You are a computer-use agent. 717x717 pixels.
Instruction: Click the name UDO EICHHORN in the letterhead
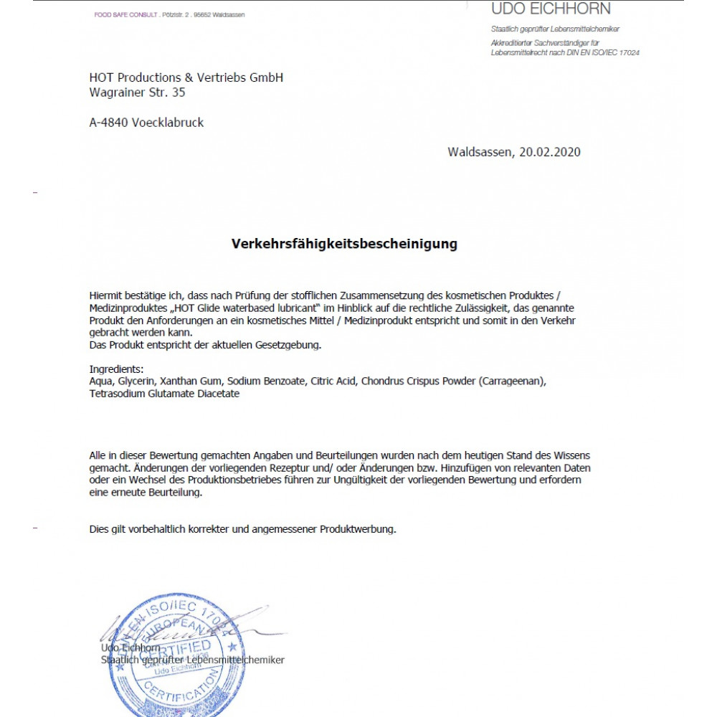tap(551, 9)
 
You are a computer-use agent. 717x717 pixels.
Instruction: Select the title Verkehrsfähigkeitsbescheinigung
tap(344, 244)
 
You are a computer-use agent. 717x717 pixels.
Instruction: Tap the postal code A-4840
tap(108, 123)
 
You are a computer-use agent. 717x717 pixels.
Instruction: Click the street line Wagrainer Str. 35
tap(137, 92)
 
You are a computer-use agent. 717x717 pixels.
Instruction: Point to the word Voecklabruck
tap(168, 123)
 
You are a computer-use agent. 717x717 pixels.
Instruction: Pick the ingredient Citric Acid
tap(333, 381)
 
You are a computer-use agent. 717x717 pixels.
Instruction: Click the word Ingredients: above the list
tap(117, 369)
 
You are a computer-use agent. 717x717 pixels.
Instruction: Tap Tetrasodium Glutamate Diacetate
tap(164, 393)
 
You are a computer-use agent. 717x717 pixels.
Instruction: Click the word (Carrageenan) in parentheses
tap(517, 381)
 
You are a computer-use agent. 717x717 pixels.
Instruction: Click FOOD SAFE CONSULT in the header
tap(125, 15)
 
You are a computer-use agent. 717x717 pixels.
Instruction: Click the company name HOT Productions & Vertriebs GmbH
tap(186, 77)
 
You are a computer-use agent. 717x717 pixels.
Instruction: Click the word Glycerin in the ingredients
tap(135, 381)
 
